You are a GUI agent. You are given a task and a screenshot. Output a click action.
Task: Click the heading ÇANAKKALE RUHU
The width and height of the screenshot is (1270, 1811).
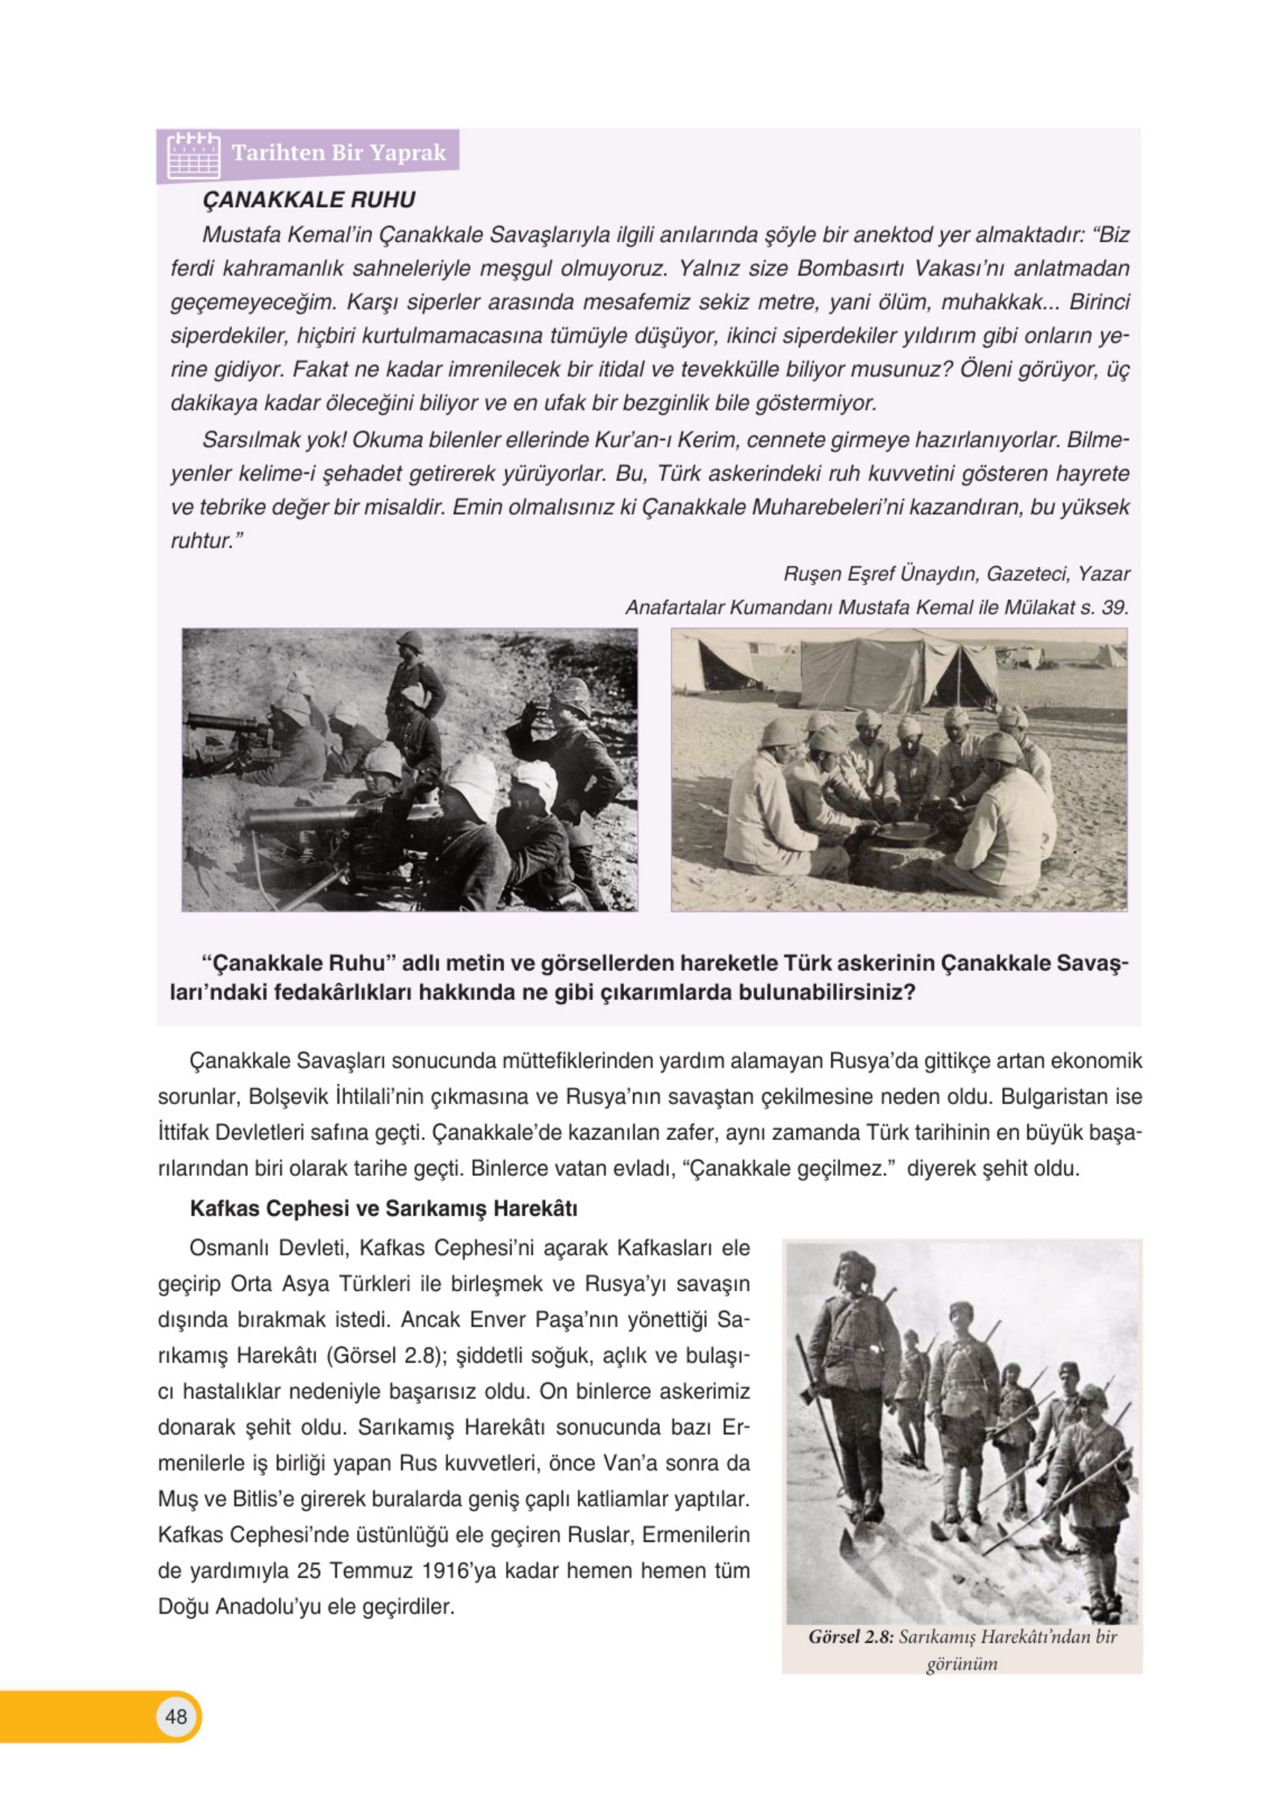308,199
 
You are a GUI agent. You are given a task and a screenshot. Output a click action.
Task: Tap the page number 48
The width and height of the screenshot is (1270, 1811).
175,1716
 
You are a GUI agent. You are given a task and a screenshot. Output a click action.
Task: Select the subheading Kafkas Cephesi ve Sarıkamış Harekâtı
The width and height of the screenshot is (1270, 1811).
383,1208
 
